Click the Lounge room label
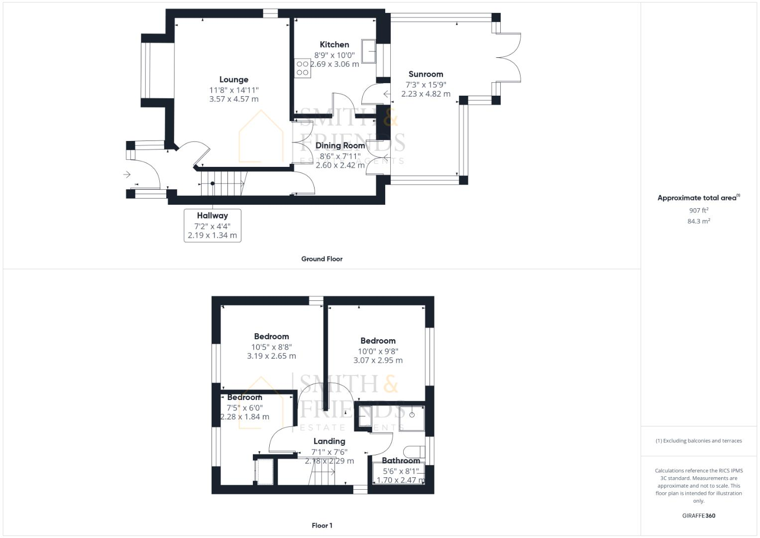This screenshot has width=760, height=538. click(x=233, y=80)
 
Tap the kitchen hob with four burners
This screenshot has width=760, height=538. click(x=303, y=69)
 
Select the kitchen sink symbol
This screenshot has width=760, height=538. click(x=369, y=51)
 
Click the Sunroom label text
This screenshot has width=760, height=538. click(x=426, y=74)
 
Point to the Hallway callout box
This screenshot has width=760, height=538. click(x=213, y=226)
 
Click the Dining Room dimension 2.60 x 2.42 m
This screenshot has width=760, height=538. click(x=340, y=165)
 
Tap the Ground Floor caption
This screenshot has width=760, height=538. click(x=322, y=259)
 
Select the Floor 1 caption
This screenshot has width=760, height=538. click(x=322, y=526)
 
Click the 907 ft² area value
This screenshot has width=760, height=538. click(x=698, y=211)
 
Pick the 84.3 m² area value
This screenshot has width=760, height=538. click(x=698, y=221)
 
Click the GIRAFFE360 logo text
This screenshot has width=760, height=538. click(x=698, y=516)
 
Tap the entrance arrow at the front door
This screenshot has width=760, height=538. click(x=127, y=174)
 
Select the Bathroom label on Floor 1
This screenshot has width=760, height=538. click(x=401, y=461)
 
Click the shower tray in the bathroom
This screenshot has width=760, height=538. click(x=412, y=418)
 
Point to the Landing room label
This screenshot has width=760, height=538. click(x=329, y=441)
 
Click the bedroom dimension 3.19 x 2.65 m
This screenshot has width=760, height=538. click(x=271, y=356)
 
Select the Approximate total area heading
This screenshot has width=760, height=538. click(x=698, y=198)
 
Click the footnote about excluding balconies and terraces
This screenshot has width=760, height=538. click(x=698, y=441)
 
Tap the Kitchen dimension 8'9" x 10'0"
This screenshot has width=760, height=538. click(x=334, y=55)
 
